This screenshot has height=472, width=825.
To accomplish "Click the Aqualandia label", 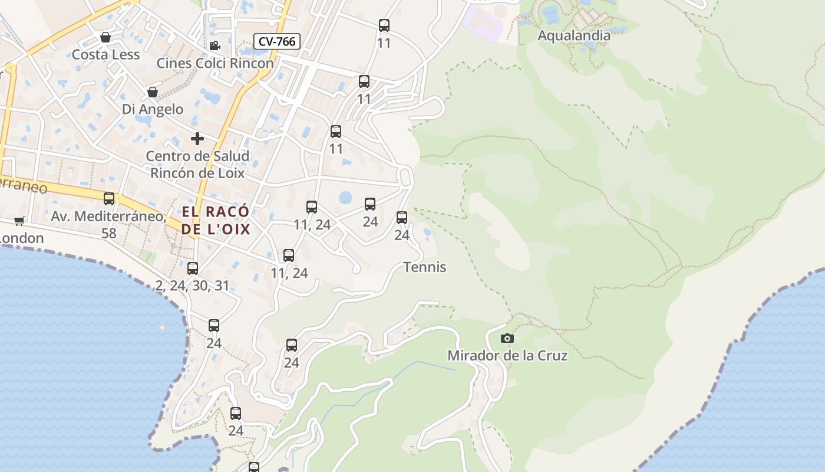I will [x=574, y=35].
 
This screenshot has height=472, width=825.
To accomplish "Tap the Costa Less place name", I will [x=105, y=55].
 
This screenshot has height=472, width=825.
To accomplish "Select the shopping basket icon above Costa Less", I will [x=105, y=38].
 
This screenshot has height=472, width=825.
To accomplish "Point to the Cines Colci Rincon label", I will [x=215, y=63].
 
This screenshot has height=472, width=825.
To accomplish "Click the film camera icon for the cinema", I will [x=214, y=45].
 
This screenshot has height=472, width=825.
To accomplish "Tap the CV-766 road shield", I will [x=277, y=41].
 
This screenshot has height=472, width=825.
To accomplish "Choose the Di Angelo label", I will [x=153, y=109].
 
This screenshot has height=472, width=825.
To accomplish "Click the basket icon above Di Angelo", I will [x=152, y=92].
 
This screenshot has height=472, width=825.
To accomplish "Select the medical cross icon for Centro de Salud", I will [x=197, y=139].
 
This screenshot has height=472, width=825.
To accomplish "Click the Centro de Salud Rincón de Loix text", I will [x=197, y=165].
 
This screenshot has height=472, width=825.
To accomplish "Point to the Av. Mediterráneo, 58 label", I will [x=108, y=225].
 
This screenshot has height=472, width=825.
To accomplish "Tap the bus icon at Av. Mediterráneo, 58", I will [x=109, y=199].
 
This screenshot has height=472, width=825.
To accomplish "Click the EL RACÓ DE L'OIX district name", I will [x=216, y=221].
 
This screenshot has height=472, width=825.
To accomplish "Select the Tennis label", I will [x=425, y=267].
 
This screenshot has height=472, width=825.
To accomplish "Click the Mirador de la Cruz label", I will [x=507, y=356].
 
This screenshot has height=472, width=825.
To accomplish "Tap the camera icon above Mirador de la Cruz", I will [x=507, y=338].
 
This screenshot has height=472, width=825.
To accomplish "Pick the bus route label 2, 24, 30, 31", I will [x=192, y=286].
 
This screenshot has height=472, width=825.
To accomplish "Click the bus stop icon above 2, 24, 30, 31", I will [x=193, y=268].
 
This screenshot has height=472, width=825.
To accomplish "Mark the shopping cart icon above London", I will [x=19, y=221].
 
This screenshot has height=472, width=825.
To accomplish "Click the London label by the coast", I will [x=22, y=238].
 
